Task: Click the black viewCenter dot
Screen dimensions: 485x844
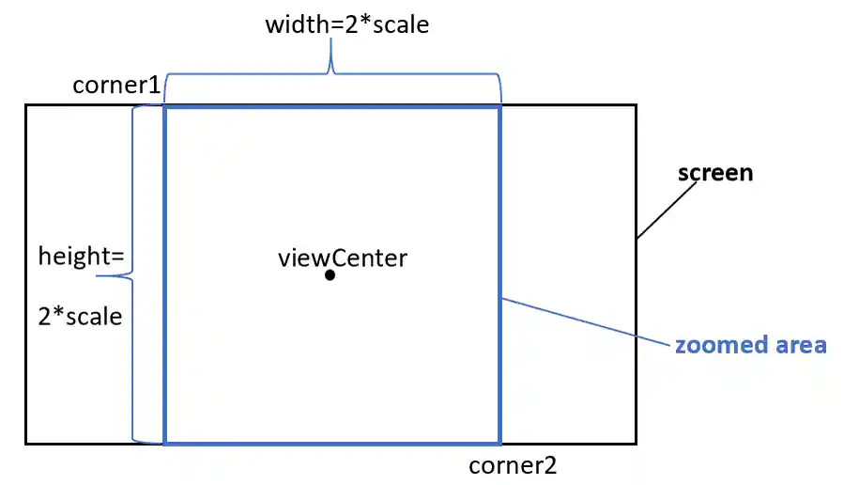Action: click(x=330, y=275)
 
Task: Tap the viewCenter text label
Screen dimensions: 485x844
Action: click(x=343, y=257)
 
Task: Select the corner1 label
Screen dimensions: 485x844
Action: click(x=116, y=86)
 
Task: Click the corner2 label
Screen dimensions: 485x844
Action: click(x=513, y=464)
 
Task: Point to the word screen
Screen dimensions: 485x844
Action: click(x=715, y=173)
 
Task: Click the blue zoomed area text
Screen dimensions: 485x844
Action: click(x=750, y=345)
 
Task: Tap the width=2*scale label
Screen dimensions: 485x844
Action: click(x=347, y=24)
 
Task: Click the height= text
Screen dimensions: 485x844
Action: click(x=82, y=256)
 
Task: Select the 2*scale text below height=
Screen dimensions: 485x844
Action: click(x=81, y=316)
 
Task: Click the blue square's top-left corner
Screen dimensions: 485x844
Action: click(x=165, y=107)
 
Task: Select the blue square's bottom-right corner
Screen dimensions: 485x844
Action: click(x=499, y=442)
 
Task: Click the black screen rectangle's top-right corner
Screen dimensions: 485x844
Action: click(x=636, y=105)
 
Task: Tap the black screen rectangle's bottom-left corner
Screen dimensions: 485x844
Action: click(x=26, y=443)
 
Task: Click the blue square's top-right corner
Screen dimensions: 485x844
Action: click(x=499, y=107)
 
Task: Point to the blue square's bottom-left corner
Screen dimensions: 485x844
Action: click(x=165, y=442)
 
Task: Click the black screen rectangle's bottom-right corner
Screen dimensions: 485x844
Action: click(x=636, y=443)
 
